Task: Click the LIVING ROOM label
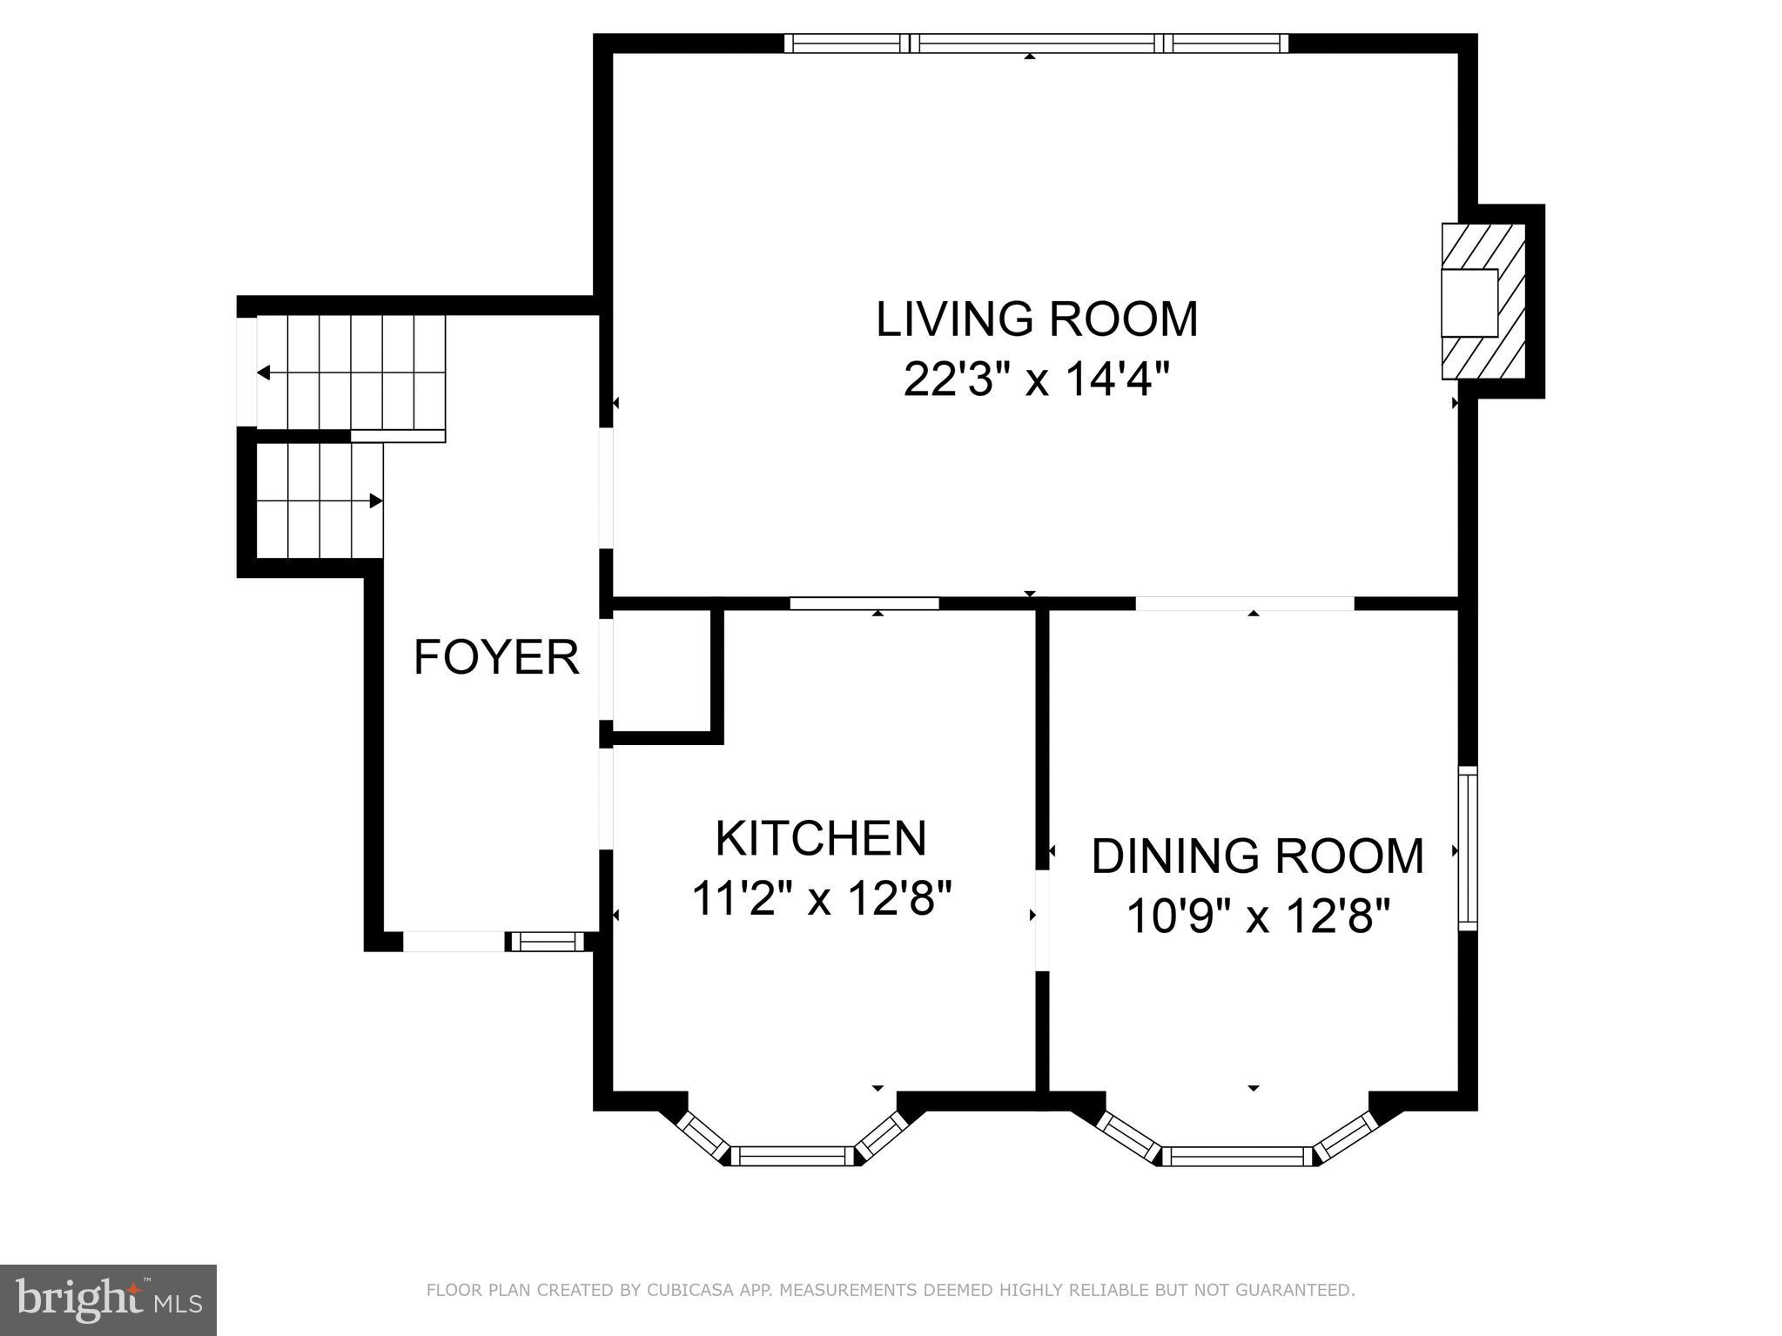point(1036,319)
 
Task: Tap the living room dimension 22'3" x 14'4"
point(1036,379)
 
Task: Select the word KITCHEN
point(820,838)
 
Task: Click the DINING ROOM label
point(1257,856)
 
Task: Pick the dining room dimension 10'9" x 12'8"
point(1258,916)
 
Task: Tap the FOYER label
point(496,657)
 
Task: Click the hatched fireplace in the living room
point(1483,301)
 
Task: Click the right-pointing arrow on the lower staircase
point(375,500)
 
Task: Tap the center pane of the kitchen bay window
point(789,1156)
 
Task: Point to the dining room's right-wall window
point(1467,848)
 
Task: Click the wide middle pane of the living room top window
point(1036,43)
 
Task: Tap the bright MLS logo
point(108,1299)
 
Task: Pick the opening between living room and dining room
point(1245,602)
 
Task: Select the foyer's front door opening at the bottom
point(454,941)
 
